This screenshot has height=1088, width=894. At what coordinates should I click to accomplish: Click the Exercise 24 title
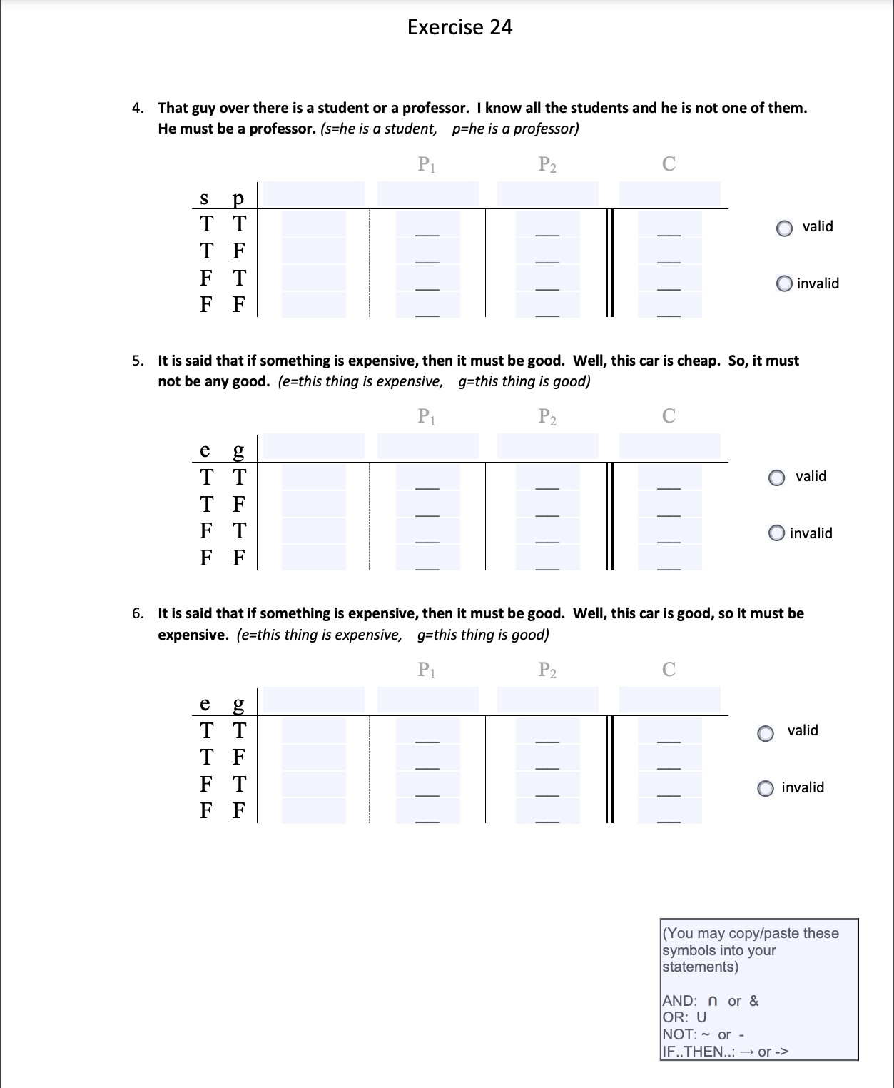[x=459, y=27]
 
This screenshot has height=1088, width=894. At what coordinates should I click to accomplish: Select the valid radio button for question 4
[x=784, y=228]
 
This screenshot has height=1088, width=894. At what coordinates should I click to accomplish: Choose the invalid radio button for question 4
[x=784, y=284]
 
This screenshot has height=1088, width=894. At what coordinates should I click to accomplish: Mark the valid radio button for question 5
[x=777, y=478]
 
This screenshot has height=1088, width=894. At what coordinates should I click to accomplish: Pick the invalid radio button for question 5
[x=777, y=534]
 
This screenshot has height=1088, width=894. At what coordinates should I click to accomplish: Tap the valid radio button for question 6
[x=766, y=733]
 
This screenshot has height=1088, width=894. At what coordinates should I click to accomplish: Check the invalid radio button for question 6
[x=766, y=789]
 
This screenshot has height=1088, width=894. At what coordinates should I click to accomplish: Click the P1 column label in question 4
[x=427, y=165]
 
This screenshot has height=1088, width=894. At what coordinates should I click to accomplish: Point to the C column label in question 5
[x=669, y=416]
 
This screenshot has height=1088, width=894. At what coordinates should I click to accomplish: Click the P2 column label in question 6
[x=547, y=670]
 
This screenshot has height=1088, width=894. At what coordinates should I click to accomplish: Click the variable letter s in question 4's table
[x=205, y=197]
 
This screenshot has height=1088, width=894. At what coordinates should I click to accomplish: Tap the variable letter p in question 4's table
[x=238, y=197]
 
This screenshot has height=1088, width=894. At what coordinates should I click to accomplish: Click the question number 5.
[x=137, y=361]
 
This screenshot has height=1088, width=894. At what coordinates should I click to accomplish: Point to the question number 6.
[x=137, y=613]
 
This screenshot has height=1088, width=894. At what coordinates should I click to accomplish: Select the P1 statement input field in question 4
[x=427, y=193]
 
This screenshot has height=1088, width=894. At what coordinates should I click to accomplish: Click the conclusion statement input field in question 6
[x=669, y=700]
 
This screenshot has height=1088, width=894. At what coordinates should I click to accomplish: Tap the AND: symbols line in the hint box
[x=711, y=1001]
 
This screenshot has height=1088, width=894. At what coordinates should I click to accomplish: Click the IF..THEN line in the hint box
[x=725, y=1052]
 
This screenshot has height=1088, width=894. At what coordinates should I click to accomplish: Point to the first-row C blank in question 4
[x=669, y=226]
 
